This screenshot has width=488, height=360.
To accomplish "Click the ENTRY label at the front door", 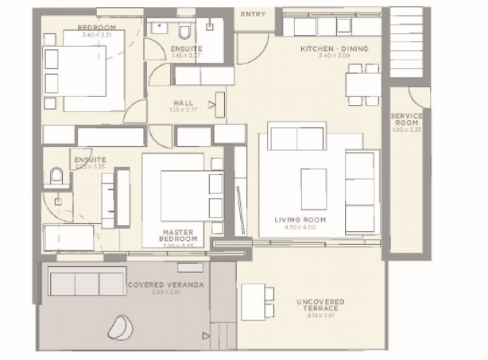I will pyautogui.click(x=254, y=14).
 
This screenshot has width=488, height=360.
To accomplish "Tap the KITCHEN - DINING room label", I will pyautogui.click(x=333, y=49).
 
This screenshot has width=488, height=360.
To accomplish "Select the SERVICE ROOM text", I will pyautogui.click(x=406, y=120).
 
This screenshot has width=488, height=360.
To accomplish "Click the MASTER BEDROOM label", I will pyautogui.click(x=177, y=235).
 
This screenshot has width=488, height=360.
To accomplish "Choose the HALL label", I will pyautogui.click(x=183, y=103).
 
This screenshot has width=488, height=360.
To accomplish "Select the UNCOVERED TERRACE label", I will pyautogui.click(x=321, y=306).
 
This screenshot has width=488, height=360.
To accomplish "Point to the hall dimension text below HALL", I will pyautogui.click(x=183, y=110).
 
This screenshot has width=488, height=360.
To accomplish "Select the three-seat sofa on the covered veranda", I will pyautogui.click(x=76, y=282).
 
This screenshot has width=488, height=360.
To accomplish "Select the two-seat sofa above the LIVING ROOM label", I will pyautogui.click(x=296, y=137).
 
